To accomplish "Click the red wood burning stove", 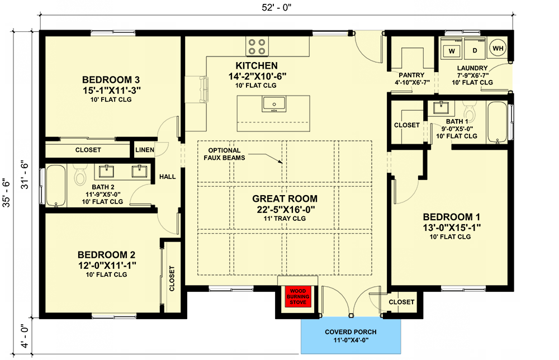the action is [298, 296].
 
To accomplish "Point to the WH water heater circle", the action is [498, 48].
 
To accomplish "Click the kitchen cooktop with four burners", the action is [257, 46].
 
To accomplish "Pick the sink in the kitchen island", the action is [274, 104].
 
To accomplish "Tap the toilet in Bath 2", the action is [80, 174].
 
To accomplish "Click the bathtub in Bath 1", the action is [497, 122].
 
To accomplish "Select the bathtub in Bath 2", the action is [56, 186].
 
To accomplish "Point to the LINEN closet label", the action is [145, 150].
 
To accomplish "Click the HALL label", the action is [168, 177].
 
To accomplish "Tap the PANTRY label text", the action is [411, 75].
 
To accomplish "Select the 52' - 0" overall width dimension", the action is [277, 7].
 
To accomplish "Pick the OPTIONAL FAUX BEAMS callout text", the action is [224, 154].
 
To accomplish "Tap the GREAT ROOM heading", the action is [285, 198].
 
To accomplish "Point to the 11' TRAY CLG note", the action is [285, 219].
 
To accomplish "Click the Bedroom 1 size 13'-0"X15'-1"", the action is [452, 228].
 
